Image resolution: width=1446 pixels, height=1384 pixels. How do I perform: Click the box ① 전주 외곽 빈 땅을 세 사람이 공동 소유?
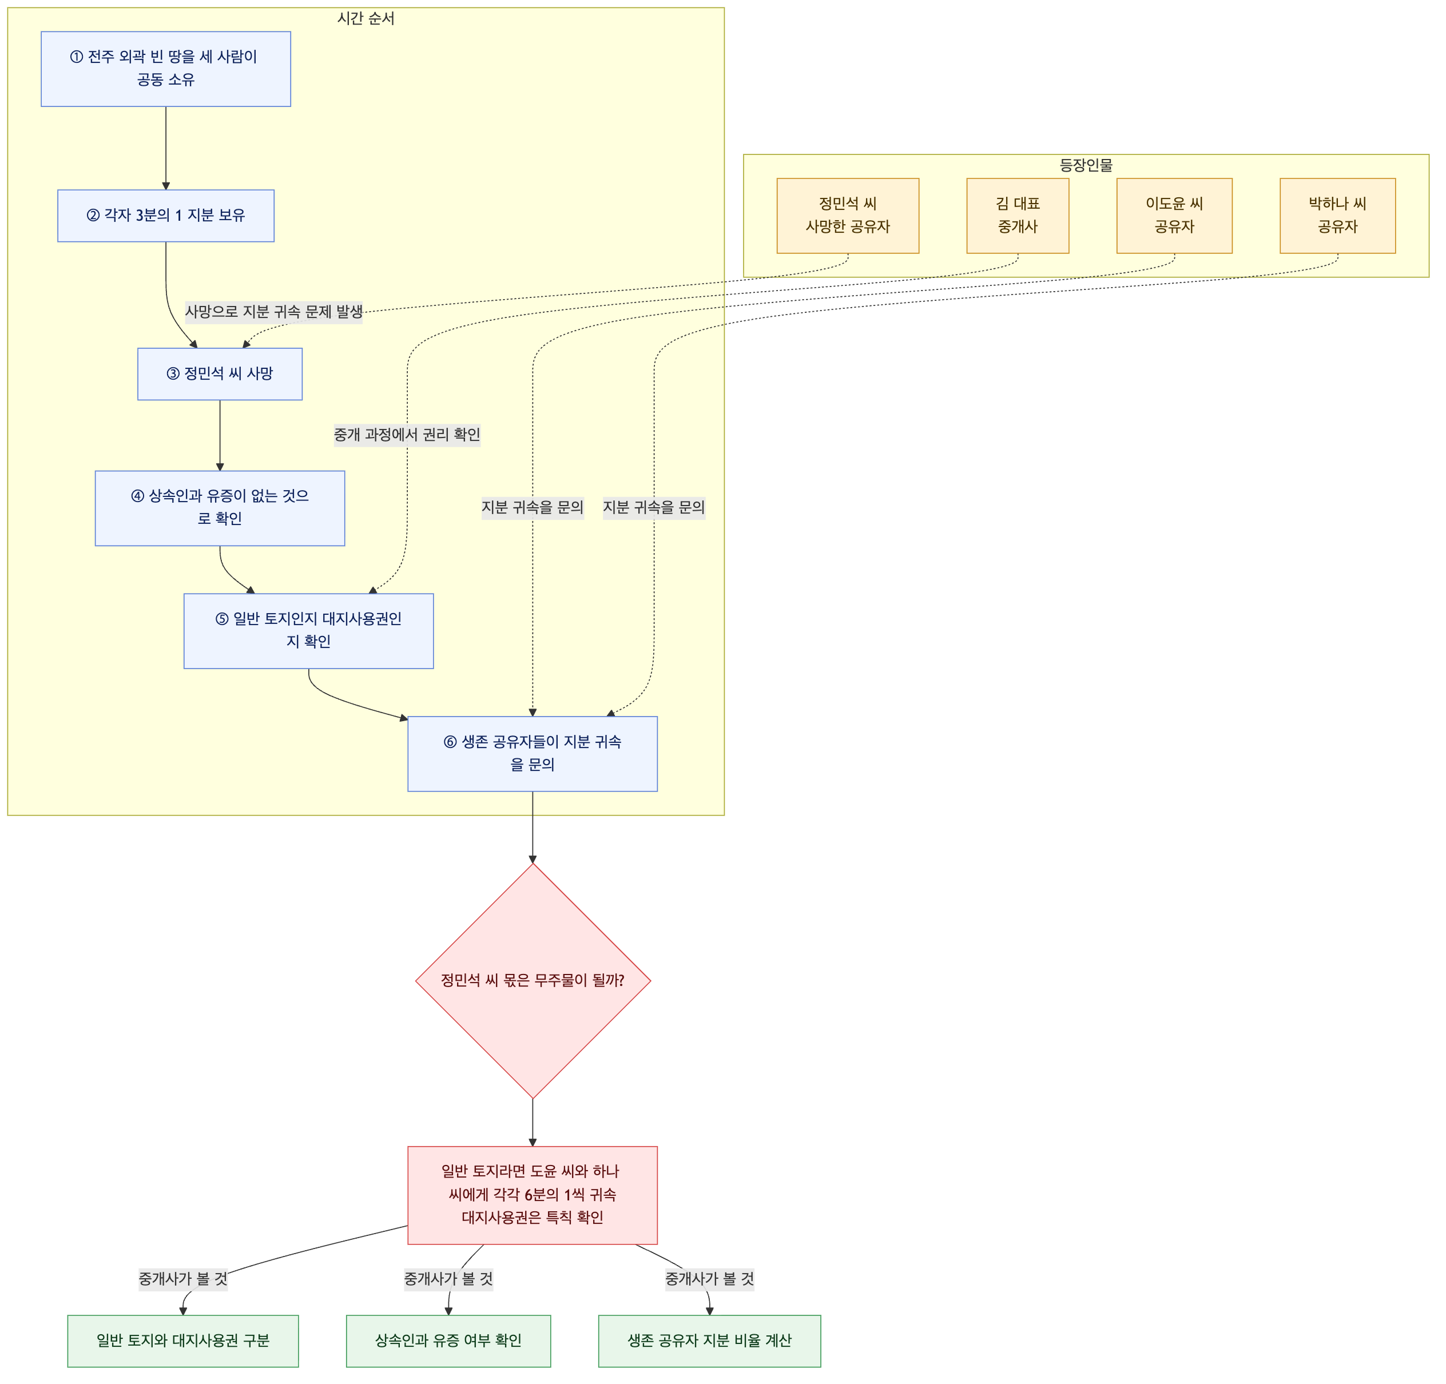166,69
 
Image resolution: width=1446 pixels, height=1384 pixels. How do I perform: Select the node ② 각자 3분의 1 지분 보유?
166,216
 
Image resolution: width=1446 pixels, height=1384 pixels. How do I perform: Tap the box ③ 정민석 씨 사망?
220,374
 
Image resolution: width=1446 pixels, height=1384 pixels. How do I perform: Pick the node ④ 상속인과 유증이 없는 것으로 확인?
220,508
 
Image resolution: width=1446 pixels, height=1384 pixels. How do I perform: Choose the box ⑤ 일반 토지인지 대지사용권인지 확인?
308,631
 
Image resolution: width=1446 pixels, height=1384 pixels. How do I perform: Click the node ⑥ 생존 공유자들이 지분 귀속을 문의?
533,754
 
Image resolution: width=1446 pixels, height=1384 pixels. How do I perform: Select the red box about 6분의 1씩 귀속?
533,1195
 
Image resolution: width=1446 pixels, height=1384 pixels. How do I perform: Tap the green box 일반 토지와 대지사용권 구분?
183,1341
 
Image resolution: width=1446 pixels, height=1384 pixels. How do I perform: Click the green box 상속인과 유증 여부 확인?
448,1341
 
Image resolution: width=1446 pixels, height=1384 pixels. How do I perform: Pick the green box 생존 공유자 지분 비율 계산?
710,1341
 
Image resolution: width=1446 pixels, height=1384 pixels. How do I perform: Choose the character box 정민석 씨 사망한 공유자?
848,216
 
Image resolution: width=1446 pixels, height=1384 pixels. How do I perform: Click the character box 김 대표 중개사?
1018,216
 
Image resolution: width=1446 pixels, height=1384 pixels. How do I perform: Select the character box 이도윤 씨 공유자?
1174,216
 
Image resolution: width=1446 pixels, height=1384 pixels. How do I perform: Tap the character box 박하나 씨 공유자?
1337,216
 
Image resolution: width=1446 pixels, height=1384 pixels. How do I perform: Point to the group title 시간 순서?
366,18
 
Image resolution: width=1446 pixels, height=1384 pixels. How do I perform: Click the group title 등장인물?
1086,165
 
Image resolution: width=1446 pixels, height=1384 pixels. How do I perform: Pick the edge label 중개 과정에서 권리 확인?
407,435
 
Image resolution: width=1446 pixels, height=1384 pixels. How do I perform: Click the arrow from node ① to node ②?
166,148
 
